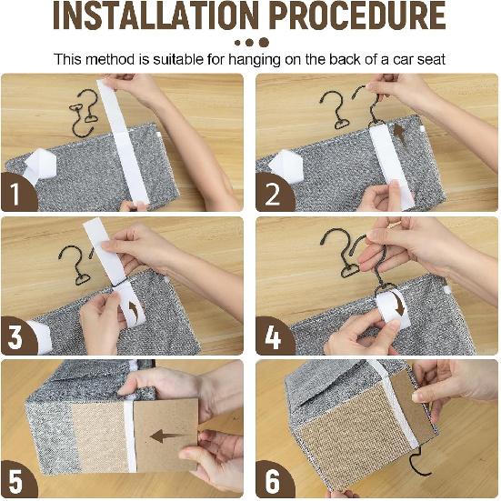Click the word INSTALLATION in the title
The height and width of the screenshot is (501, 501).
click(155, 15)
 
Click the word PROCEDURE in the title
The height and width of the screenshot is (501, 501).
click(357, 15)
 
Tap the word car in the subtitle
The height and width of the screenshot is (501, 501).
click(404, 59)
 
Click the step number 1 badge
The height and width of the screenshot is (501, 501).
click(18, 192)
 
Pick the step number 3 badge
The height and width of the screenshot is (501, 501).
click(18, 336)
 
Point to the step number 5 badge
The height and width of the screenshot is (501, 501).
click(18, 479)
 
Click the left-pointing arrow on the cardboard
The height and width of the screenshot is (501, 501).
click(168, 436)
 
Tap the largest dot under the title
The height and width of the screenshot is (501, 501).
click(264, 43)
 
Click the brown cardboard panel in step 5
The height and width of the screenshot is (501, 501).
click(166, 434)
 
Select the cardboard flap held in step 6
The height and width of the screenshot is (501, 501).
click(412, 406)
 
